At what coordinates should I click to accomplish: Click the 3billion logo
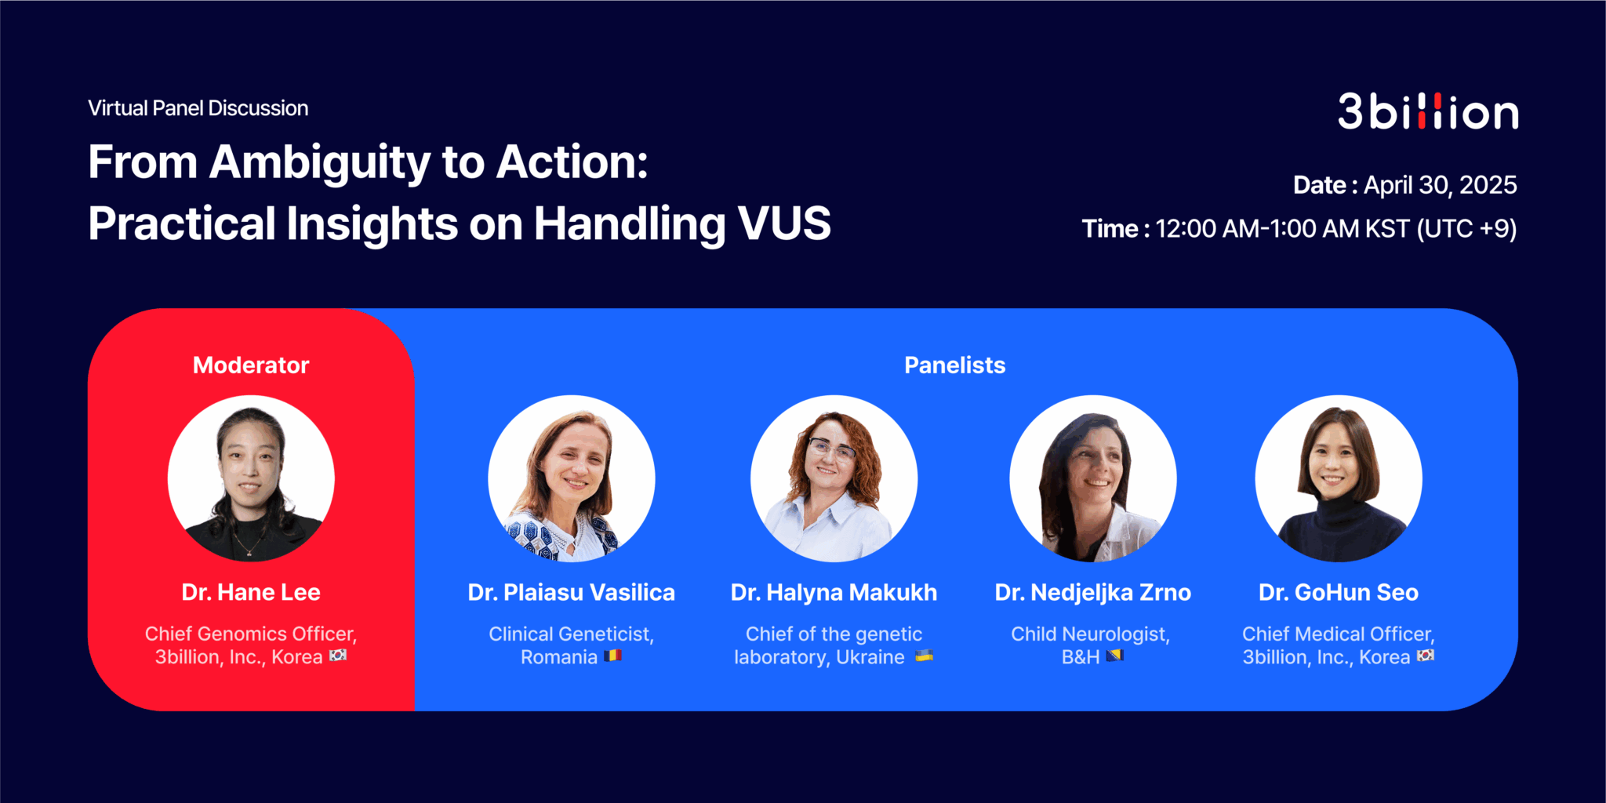(1427, 112)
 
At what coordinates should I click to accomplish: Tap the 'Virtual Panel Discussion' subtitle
(198, 108)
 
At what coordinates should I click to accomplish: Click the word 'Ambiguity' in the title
(320, 162)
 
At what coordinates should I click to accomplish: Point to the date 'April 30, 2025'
(1440, 185)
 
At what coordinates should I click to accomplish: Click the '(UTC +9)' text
(1466, 229)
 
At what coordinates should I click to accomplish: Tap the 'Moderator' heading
(251, 365)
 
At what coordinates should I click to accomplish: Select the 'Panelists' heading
(954, 365)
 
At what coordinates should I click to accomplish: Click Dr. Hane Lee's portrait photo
(251, 478)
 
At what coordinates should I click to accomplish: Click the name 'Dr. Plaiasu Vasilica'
(571, 593)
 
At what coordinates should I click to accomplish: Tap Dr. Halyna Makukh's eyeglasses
(831, 449)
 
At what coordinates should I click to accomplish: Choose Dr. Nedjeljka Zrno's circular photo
(1092, 478)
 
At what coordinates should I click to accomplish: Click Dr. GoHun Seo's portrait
(1338, 478)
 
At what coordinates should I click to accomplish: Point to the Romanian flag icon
(612, 656)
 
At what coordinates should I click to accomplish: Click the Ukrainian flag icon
(924, 656)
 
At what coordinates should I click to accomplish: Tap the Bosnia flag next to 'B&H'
(1114, 656)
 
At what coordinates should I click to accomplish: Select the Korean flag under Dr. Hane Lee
(338, 656)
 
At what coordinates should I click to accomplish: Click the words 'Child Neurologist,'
(1090, 634)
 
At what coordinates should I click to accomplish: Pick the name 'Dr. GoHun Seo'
(1338, 593)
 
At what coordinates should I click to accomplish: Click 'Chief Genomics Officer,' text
(251, 634)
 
